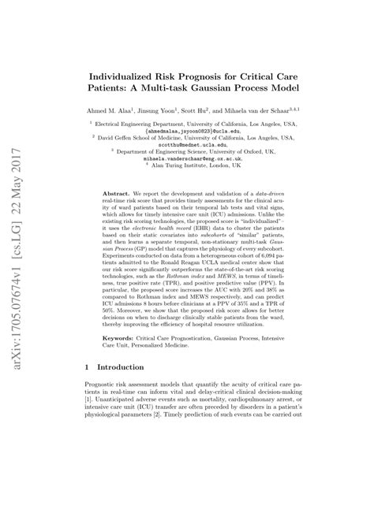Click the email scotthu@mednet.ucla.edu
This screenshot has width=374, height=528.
pos(187,147)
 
